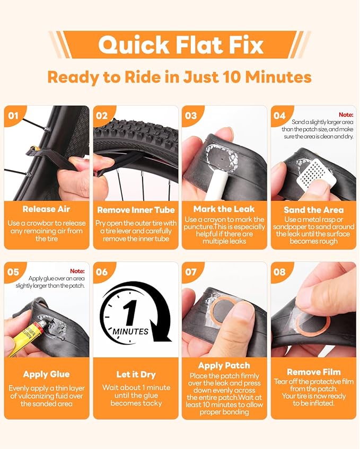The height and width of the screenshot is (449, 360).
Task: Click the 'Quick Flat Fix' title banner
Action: tap(180, 45)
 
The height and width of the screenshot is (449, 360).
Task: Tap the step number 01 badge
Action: tap(13, 116)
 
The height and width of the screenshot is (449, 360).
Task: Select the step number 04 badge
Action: tap(279, 116)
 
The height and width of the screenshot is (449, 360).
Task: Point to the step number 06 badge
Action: tap(102, 272)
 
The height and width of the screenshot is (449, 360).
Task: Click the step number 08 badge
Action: tap(279, 272)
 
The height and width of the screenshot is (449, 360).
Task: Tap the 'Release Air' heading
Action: tap(46, 209)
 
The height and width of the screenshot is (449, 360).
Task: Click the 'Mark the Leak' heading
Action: tap(224, 209)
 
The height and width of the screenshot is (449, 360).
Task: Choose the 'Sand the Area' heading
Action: tap(313, 210)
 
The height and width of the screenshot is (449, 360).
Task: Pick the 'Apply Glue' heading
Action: tap(46, 374)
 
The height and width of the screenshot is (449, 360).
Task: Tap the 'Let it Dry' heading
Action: tap(136, 374)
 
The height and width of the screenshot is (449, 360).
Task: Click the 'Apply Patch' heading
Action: tap(224, 366)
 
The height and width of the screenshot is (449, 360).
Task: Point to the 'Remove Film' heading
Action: tap(313, 372)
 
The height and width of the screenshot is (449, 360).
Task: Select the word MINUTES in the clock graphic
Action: tap(130, 331)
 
